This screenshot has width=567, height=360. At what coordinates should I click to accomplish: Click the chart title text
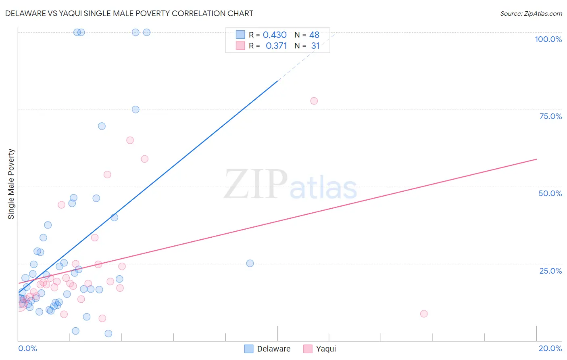[129, 13]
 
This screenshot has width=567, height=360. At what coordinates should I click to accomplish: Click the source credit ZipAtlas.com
[531, 13]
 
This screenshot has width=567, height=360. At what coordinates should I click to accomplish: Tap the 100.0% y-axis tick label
[548, 39]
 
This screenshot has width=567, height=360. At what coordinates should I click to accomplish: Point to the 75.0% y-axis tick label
[550, 116]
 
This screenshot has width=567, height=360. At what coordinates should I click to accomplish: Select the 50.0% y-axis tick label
[550, 193]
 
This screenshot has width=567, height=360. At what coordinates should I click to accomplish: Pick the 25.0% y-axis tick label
[550, 270]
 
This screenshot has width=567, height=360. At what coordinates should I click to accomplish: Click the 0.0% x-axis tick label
[27, 348]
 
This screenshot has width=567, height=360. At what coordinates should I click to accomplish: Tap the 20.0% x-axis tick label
[550, 348]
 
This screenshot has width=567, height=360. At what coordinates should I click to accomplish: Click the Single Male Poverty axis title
[11, 184]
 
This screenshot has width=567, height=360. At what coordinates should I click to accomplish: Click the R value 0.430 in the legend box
[275, 35]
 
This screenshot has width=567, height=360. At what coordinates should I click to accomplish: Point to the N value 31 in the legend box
[315, 46]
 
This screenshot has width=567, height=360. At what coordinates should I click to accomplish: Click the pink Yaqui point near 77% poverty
[314, 101]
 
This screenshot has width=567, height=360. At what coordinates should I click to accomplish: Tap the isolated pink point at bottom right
[424, 314]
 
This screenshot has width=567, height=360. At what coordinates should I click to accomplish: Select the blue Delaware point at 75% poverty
[135, 109]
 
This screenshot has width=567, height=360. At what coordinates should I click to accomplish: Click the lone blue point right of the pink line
[250, 263]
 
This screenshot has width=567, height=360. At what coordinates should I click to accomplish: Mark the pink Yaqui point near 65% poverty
[130, 140]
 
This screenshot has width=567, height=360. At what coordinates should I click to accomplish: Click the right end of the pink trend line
[536, 159]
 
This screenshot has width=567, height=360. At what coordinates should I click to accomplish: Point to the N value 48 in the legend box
[314, 35]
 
